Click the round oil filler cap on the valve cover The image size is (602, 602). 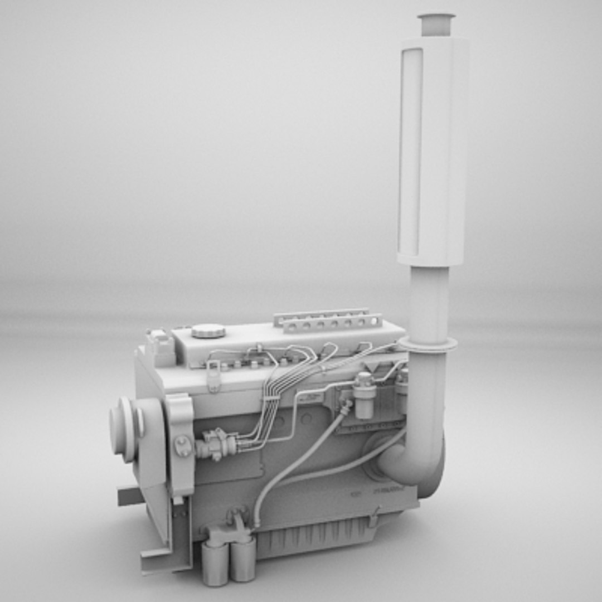[x=208, y=331]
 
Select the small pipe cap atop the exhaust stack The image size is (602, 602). [x=436, y=24]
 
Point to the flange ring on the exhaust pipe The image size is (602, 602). [x=428, y=344]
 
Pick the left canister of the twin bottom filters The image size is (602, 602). [x=215, y=563]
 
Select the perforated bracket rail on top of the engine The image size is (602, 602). [x=329, y=320]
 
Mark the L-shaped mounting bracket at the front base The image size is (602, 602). [x=167, y=552]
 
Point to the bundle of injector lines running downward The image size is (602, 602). [x=268, y=407]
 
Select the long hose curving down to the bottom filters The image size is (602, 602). [x=290, y=468]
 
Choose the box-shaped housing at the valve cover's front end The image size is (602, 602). [x=161, y=347]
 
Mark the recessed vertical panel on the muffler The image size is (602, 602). [x=411, y=151]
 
